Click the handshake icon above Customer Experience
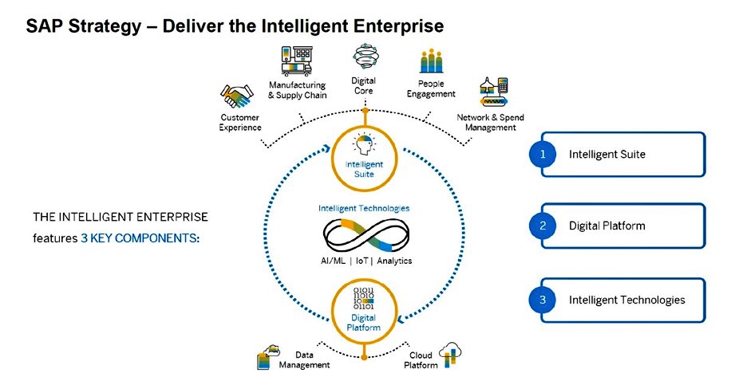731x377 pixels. [236, 99]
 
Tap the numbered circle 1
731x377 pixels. [543, 155]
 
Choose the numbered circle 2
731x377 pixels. [543, 226]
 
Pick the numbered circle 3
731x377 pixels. [543, 300]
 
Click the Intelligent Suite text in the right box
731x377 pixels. [607, 155]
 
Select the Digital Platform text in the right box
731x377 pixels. [607, 226]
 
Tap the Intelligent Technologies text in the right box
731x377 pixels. [626, 300]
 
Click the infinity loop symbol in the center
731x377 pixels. [364, 235]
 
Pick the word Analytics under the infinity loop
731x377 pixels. [396, 262]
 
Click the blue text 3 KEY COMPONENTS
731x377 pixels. [140, 238]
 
